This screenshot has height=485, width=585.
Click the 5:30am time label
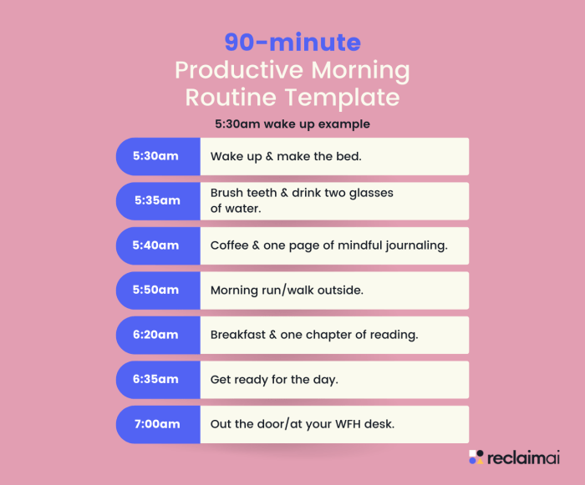point(157,156)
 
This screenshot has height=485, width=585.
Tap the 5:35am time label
point(157,200)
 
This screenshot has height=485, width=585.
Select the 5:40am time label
point(157,245)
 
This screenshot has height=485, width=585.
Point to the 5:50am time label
point(157,290)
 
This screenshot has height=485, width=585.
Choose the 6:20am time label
point(157,335)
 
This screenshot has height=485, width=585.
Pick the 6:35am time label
point(157,379)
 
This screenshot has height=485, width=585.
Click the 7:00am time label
point(157,424)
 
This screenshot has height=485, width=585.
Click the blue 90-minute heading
point(292,43)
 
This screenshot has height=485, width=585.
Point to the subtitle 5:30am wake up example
point(292,124)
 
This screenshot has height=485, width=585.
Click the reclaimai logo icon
point(476,457)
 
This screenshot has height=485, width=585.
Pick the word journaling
point(418,245)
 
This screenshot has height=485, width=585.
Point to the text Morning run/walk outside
point(287,290)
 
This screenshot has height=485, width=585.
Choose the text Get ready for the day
point(274,379)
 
